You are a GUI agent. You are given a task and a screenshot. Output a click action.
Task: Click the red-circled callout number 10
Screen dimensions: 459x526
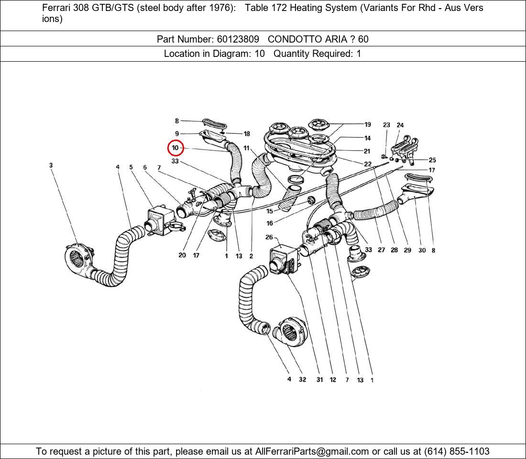(x=175, y=148)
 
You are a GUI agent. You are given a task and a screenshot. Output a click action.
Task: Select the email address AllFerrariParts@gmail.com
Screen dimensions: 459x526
(x=312, y=451)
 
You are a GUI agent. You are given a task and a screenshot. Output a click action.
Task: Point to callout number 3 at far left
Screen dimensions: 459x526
(x=51, y=165)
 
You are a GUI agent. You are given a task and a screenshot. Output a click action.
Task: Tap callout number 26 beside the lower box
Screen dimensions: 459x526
(x=269, y=237)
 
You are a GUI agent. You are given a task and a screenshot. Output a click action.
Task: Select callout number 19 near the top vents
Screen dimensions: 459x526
(x=367, y=124)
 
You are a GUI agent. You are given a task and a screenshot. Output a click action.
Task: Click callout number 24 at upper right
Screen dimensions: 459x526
(x=400, y=125)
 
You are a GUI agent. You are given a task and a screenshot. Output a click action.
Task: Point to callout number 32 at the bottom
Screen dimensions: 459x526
(x=302, y=380)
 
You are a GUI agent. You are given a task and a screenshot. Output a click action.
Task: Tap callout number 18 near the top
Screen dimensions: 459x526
(x=247, y=134)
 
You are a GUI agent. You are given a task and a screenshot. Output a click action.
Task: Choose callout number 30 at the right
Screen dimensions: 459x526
(x=422, y=250)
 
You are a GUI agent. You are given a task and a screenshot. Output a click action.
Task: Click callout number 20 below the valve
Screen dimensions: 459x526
(x=182, y=255)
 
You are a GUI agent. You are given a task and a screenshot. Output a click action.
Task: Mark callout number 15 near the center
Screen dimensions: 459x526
(x=270, y=211)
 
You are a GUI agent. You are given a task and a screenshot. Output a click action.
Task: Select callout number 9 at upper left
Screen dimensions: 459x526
(x=177, y=134)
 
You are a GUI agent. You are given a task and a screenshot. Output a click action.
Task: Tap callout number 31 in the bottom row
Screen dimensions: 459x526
(x=319, y=380)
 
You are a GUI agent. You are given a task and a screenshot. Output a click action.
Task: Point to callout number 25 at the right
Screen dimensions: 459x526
(x=432, y=160)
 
